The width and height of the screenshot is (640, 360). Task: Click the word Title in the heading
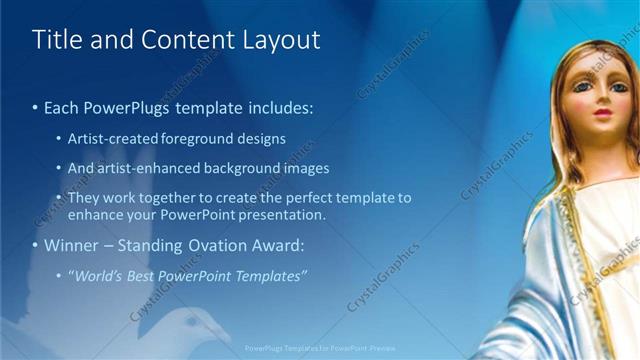click(57, 40)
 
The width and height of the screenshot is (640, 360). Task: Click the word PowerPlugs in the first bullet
click(125, 105)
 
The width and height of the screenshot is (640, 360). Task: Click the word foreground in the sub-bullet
click(196, 138)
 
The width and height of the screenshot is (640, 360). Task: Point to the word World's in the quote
click(97, 276)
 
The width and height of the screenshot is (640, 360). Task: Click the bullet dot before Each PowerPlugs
click(36, 106)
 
